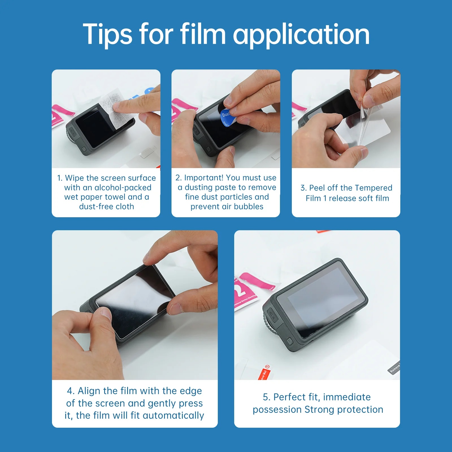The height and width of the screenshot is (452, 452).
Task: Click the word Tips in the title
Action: [107, 34]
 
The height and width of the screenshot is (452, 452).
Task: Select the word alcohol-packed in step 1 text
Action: [123, 188]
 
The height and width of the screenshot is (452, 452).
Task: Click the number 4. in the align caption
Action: [71, 391]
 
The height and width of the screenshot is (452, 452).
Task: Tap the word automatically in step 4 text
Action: [173, 416]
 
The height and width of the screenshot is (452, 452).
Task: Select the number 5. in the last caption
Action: [267, 397]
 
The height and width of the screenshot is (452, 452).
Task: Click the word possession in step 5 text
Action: [277, 410]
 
